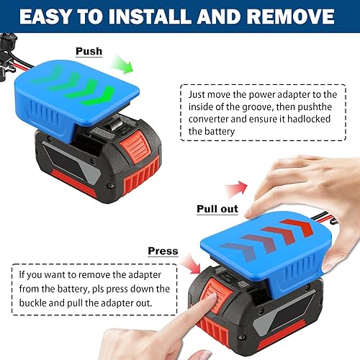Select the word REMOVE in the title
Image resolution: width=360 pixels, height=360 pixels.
coord(301,16)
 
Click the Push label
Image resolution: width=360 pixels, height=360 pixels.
coord(89,52)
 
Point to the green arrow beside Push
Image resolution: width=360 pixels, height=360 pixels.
coord(123,68)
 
